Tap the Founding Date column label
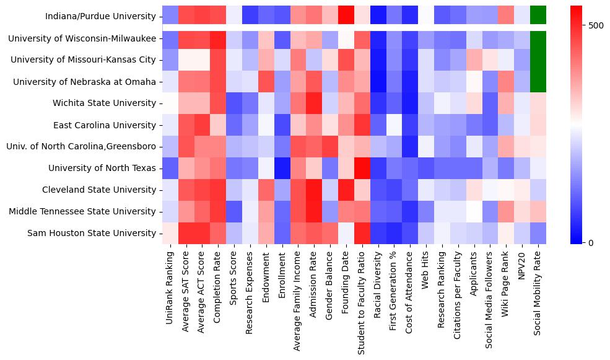click(346, 285)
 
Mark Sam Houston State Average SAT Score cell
click(185, 233)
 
